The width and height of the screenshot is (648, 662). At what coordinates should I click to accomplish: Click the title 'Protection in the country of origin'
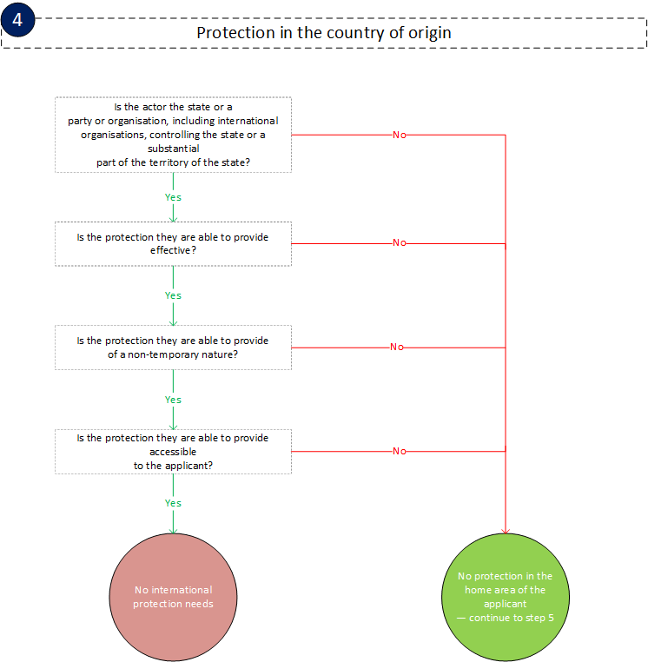[324, 32]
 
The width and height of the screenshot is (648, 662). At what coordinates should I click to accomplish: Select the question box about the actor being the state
[173, 135]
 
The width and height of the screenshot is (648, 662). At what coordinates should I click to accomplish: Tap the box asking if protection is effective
[173, 243]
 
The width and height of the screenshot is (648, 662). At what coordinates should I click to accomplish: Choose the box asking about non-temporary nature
[173, 348]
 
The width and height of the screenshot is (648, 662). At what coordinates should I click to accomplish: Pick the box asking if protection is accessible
[173, 451]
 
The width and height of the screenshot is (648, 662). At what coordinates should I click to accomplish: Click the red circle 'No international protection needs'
[173, 597]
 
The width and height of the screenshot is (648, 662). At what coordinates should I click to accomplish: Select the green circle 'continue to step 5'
[505, 597]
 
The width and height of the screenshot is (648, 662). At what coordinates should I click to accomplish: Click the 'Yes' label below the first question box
[173, 197]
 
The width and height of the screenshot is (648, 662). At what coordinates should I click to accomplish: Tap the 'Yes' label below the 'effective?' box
[173, 295]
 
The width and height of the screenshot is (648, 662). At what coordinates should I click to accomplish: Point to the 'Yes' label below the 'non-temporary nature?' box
[173, 400]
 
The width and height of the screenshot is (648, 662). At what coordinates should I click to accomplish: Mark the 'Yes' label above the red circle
[173, 503]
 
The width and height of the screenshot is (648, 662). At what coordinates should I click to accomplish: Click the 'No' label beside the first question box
[400, 135]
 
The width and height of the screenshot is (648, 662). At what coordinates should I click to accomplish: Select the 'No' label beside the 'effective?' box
[400, 243]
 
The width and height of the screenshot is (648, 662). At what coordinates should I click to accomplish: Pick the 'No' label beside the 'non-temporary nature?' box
[397, 347]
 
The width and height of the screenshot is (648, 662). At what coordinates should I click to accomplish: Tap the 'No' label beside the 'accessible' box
[400, 451]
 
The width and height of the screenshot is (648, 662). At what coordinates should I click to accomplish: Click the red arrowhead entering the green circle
[505, 530]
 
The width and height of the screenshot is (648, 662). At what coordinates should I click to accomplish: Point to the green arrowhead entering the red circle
[173, 530]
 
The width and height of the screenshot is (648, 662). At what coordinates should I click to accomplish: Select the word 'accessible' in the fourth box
[173, 452]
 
